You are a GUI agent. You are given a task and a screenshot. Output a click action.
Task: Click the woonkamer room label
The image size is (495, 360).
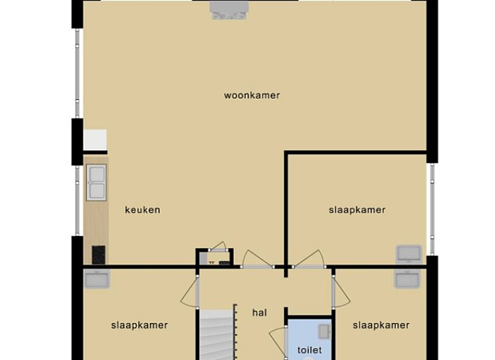[252, 95]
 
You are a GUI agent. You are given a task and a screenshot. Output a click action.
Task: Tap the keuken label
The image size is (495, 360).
[143, 209]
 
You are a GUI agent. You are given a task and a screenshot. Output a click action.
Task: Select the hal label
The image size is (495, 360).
[260, 313]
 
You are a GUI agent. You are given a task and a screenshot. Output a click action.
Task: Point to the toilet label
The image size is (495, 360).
[310, 350]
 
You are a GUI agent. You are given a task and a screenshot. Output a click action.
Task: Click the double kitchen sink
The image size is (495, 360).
[97, 182]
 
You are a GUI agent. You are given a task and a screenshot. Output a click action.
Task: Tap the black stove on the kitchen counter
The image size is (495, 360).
[99, 255]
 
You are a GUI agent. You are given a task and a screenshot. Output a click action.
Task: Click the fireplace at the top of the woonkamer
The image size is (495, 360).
[229, 10]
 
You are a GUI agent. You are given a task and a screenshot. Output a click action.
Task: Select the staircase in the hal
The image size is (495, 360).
[218, 335]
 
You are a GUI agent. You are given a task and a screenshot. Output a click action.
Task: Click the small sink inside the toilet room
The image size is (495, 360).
[324, 332]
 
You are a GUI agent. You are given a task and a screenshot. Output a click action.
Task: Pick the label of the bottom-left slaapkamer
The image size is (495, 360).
[140, 325]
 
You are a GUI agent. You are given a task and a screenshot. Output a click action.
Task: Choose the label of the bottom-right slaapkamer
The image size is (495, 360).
[381, 325]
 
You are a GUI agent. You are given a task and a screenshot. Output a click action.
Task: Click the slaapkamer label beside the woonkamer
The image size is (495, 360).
[357, 209]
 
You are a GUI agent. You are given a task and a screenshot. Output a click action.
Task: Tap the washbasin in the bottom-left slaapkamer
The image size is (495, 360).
[97, 279]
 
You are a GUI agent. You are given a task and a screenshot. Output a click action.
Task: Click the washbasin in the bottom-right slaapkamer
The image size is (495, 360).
[408, 279]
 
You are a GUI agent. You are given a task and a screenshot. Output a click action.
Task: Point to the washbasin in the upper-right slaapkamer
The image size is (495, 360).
[409, 254]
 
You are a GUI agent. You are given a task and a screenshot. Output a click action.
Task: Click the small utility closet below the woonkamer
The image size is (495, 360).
[215, 257]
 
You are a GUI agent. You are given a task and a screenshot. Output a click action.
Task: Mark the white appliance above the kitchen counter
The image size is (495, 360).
[95, 140]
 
